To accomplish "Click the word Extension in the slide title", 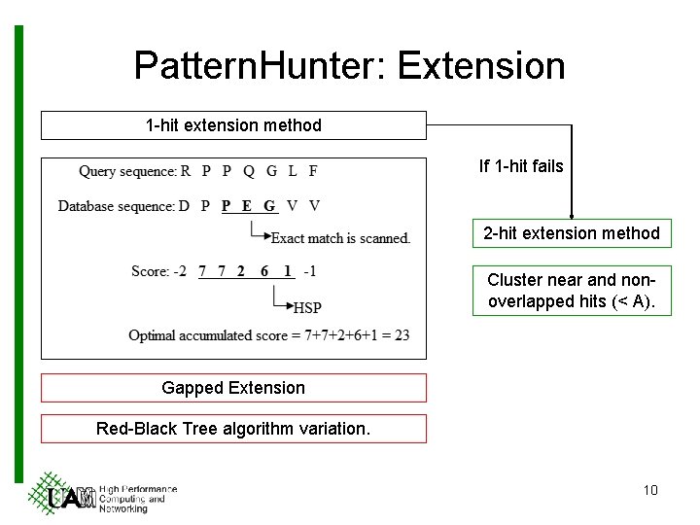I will point(481,66).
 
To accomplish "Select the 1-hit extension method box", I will point(233,125).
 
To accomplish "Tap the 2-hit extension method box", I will point(572,233).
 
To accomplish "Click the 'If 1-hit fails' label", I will point(520,166).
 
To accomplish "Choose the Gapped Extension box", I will point(233,388).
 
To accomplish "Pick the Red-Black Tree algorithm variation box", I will point(233,429).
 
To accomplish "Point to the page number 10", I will point(650,490).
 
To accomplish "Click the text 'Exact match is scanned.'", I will point(340,238).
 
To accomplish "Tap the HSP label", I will point(307,308).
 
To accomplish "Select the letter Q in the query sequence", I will point(249,171).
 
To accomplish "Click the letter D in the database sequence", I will point(183,206).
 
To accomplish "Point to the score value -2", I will point(179,271).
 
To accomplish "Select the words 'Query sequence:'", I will point(128,171).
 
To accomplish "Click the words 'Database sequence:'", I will point(117,206).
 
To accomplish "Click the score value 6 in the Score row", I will point(264,271).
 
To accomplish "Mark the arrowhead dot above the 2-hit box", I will point(572,217).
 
